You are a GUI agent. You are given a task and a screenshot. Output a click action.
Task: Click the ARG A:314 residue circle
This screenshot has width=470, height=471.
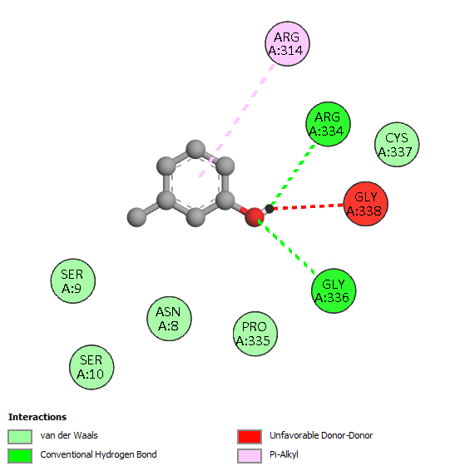[x=287, y=44]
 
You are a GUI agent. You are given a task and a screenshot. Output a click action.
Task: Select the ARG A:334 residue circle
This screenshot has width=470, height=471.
[x=328, y=124]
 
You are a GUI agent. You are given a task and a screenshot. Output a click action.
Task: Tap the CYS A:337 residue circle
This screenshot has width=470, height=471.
[x=397, y=145]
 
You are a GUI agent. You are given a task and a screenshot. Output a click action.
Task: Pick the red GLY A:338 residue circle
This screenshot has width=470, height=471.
[x=366, y=204]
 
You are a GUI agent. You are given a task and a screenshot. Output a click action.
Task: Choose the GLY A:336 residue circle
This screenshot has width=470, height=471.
[x=334, y=290]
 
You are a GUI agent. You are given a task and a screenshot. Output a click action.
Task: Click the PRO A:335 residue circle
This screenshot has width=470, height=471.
[x=255, y=334]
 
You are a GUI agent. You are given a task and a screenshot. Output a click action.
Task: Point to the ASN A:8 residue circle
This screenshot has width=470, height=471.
[x=169, y=319]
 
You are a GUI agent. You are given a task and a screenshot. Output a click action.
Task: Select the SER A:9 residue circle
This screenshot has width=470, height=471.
[x=73, y=281]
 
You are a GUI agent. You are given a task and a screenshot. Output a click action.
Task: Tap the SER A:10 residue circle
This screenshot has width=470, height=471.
[x=92, y=367]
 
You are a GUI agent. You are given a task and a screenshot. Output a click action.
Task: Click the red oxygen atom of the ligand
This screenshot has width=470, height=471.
[x=255, y=217]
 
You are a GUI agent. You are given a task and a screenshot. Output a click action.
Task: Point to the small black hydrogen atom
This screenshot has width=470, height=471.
[x=270, y=209]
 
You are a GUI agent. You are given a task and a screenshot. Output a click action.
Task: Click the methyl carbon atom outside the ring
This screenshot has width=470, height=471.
[x=137, y=217]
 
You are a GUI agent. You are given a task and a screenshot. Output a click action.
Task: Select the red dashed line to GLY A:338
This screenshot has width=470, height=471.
[x=308, y=206]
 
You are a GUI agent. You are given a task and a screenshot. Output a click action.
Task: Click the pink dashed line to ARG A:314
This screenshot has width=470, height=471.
[x=236, y=121]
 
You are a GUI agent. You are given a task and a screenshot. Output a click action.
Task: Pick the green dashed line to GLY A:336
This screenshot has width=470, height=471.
[x=287, y=247]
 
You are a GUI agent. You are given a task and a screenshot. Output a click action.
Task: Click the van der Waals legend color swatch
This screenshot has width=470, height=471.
[x=20, y=436]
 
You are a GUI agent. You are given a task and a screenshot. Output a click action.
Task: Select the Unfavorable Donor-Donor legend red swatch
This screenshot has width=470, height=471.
[x=250, y=436]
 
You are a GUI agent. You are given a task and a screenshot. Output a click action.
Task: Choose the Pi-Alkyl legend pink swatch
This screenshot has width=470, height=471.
[x=250, y=456]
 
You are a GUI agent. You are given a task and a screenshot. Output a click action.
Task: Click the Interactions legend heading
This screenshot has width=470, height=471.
[x=37, y=417]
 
